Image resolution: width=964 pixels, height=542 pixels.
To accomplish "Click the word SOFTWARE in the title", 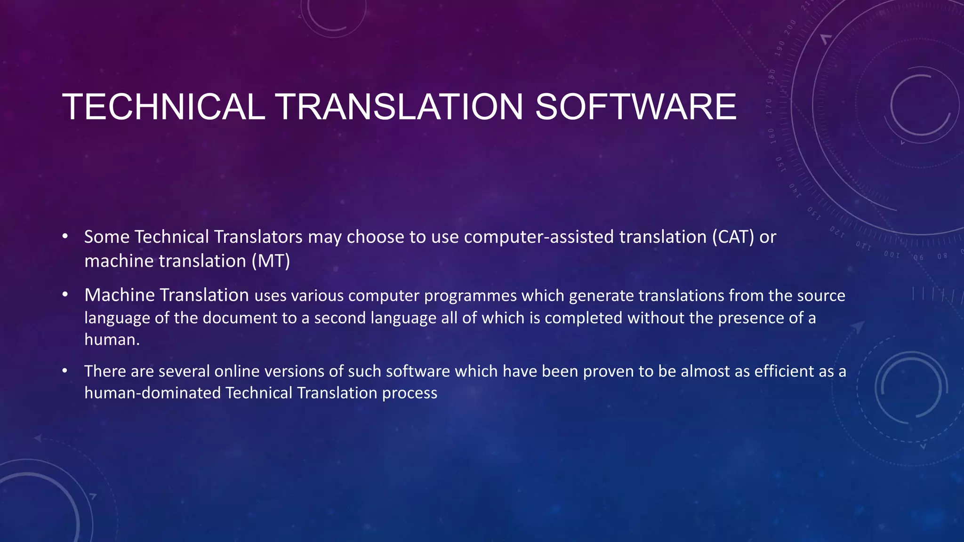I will pos(635,107).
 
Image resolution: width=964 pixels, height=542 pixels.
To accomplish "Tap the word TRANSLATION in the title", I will pos(400,107).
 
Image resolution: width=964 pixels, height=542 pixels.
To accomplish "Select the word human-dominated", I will pos(153,393).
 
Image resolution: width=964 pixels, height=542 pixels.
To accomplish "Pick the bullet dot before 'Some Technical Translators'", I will pos(65,236).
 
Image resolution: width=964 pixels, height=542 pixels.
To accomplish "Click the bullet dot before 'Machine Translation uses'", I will pos(65,295).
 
